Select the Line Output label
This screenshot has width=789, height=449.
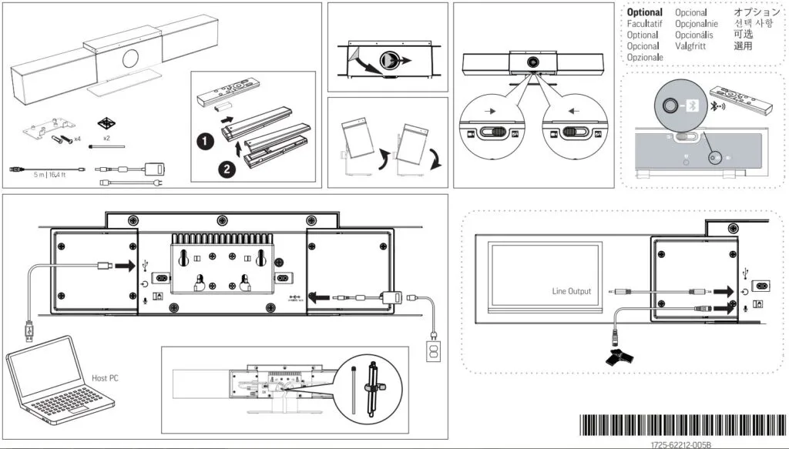pyautogui.click(x=572, y=291)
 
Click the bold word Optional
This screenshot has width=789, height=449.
pyautogui.click(x=644, y=12)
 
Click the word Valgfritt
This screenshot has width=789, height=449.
pyautogui.click(x=691, y=46)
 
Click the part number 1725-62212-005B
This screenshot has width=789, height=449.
pyautogui.click(x=680, y=444)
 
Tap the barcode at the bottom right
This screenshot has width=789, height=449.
pyautogui.click(x=681, y=426)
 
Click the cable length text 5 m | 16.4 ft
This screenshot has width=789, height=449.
pyautogui.click(x=48, y=176)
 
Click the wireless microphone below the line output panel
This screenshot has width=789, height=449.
pyautogui.click(x=618, y=354)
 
